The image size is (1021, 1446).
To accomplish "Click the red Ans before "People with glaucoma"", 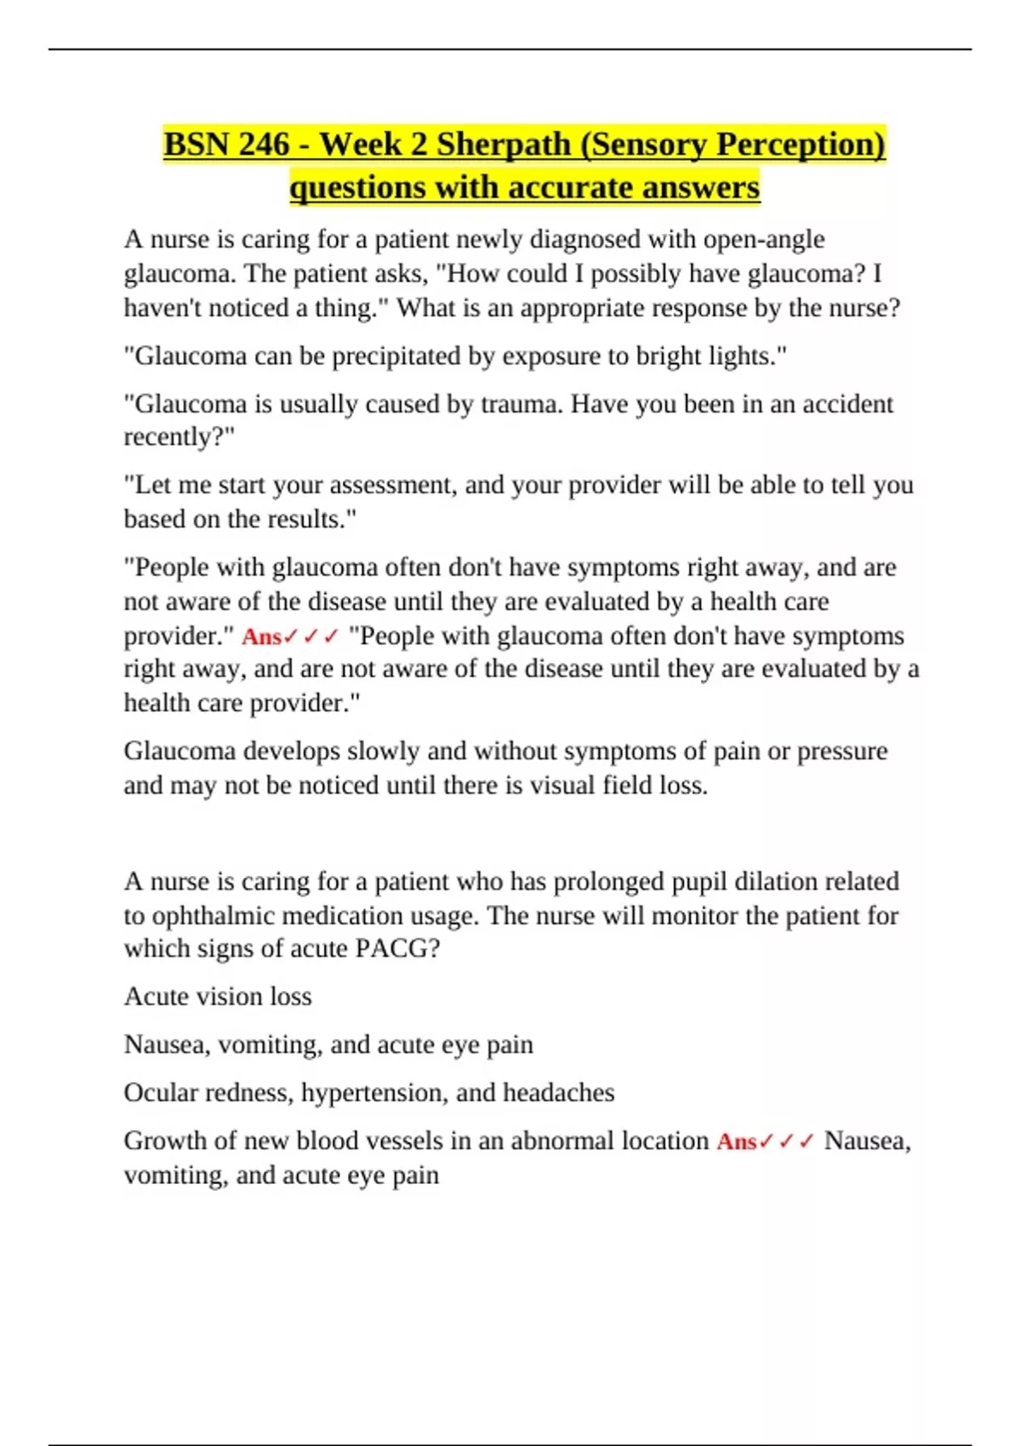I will pyautogui.click(x=261, y=636).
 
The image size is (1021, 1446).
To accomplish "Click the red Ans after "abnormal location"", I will pyautogui.click(x=736, y=1141).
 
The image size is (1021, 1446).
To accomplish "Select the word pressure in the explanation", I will pyautogui.click(x=841, y=751).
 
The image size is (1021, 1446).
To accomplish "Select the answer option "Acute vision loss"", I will pyautogui.click(x=218, y=996).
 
